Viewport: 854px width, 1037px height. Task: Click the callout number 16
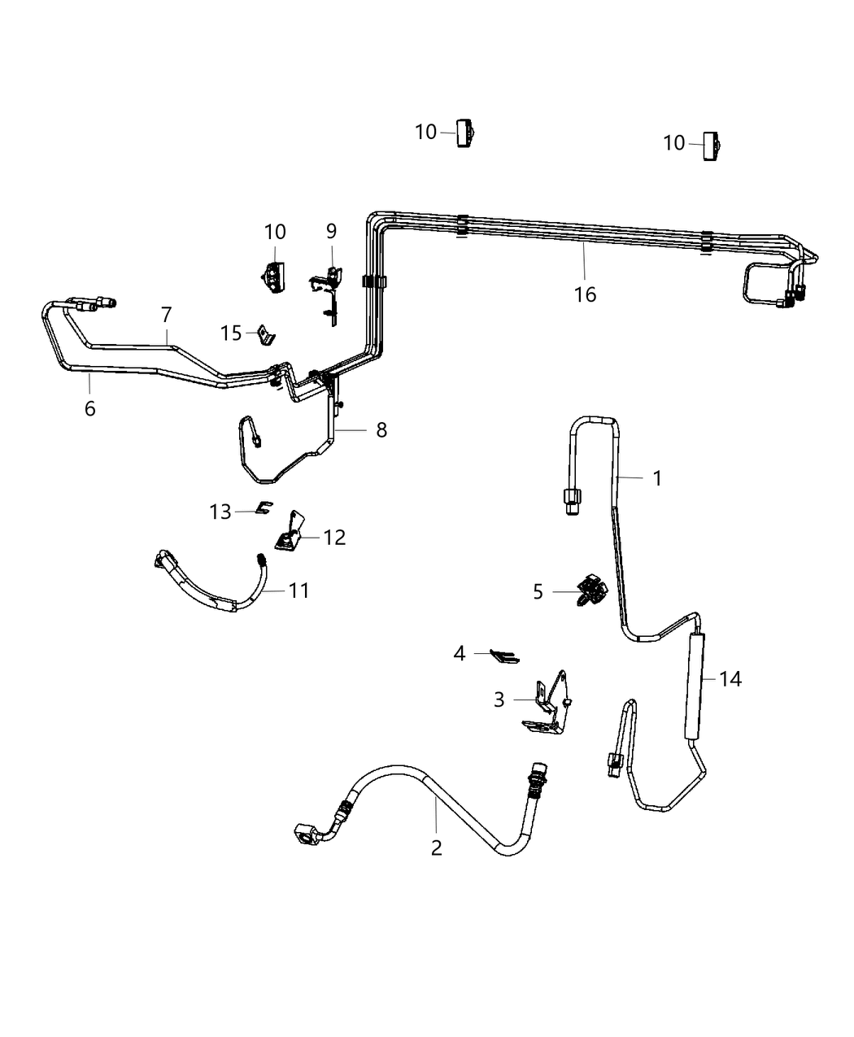coord(585,294)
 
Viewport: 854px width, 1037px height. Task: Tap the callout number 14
coord(730,678)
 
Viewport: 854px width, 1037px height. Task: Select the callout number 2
coord(437,847)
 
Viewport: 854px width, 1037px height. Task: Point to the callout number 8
coord(381,429)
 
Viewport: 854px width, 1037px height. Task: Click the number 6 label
coord(89,408)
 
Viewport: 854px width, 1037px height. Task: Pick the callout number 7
coord(167,314)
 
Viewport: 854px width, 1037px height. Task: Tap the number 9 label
coord(331,231)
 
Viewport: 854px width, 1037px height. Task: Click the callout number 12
coord(334,537)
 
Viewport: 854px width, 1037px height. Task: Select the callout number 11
coord(299,590)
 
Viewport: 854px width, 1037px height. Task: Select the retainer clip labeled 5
coord(591,590)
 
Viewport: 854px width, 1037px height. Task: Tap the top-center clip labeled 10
coord(465,133)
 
